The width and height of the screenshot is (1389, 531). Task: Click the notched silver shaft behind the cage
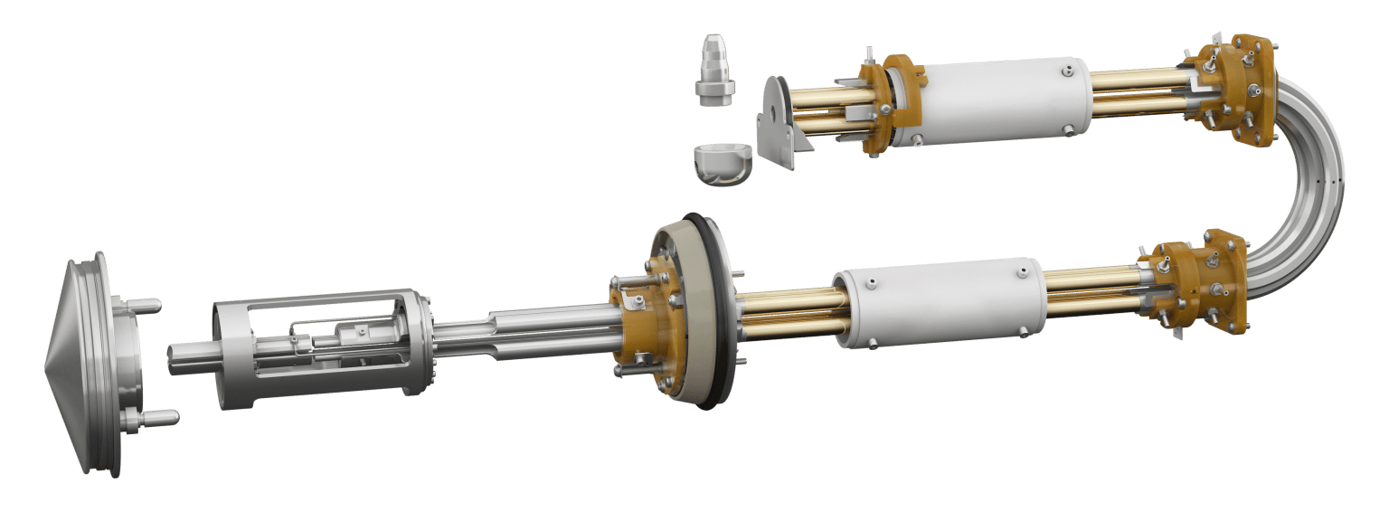tap(524, 335)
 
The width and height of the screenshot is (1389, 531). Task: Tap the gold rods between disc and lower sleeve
tap(787, 308)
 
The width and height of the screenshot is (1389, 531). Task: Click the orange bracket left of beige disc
tap(638, 321)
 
